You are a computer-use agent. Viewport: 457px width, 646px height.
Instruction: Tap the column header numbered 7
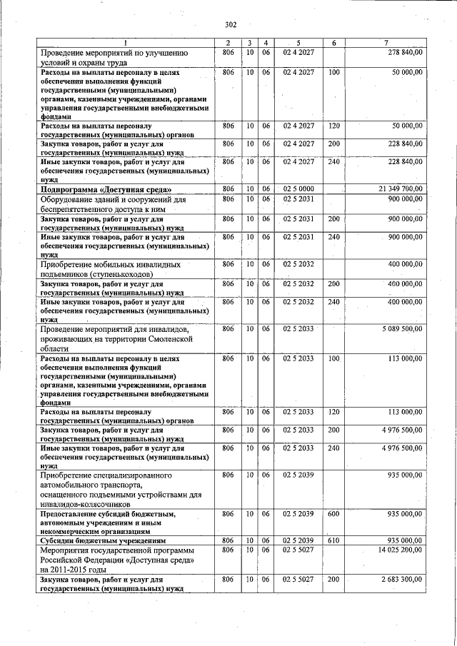386,44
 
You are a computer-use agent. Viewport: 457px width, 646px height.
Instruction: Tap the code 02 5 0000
298,188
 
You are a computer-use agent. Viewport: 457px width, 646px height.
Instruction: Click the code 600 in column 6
333,513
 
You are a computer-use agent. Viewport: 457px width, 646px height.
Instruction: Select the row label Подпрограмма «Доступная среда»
106,189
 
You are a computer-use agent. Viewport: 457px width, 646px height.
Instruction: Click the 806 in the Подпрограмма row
228,188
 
